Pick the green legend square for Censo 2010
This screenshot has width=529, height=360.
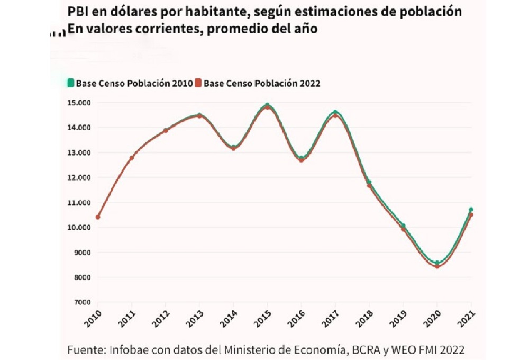click(70, 83)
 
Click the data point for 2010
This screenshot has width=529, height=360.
click(98, 217)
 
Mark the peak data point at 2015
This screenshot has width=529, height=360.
click(267, 106)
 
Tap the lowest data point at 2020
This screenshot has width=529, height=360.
click(437, 265)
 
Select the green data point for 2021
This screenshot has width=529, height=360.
click(471, 210)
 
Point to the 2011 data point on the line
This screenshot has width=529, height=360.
click(132, 158)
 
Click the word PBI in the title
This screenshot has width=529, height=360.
click(77, 12)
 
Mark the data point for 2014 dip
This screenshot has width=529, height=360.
click(233, 148)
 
